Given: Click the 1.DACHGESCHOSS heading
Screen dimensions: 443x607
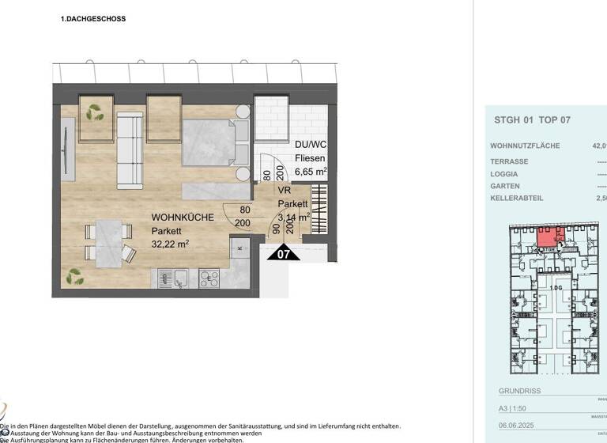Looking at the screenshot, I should coord(93,18).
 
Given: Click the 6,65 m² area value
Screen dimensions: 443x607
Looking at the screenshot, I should coord(311,170).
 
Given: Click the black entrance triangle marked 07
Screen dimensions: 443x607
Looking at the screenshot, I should coord(285,253).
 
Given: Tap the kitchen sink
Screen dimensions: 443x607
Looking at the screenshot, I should coord(180,278).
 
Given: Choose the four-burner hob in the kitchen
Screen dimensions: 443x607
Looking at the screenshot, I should coord(209,278).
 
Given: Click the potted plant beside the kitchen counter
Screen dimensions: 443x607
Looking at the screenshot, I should coord(76,276).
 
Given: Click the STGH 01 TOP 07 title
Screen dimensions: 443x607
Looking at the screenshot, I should coord(531,120).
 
